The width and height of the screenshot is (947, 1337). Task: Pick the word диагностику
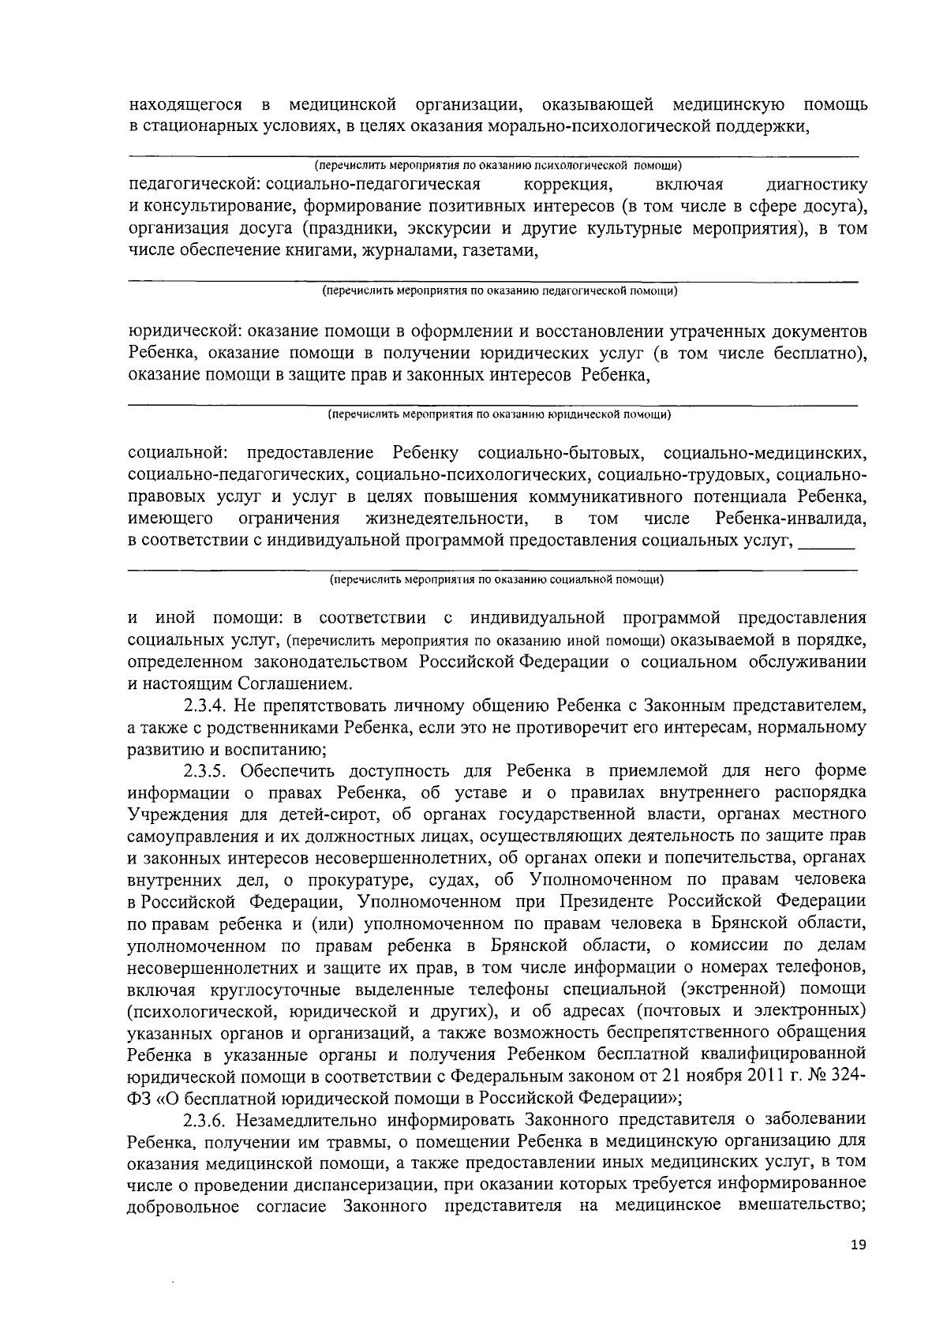[x=817, y=185]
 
